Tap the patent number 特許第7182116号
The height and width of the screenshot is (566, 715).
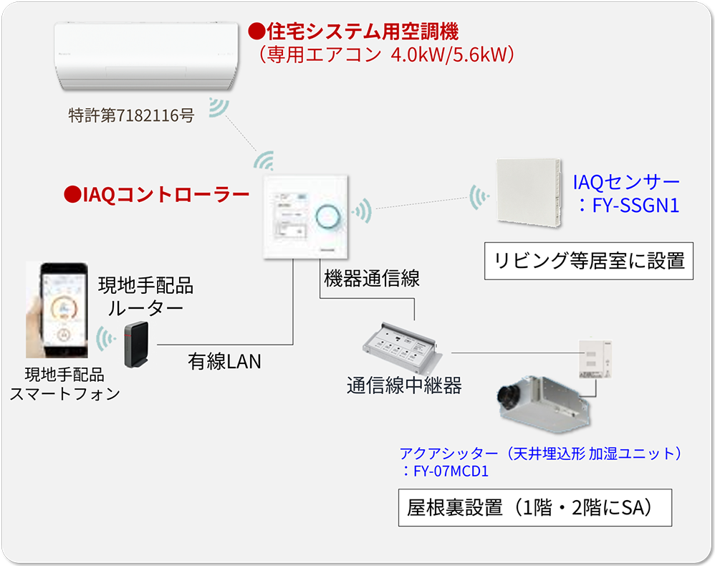coord(131,115)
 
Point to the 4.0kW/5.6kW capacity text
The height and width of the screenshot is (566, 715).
coord(452,54)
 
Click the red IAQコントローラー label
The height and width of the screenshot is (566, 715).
coord(157,194)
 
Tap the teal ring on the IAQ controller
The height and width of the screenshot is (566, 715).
coord(328,214)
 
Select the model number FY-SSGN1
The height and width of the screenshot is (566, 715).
coord(634,206)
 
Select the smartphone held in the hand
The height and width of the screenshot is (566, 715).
coord(62,308)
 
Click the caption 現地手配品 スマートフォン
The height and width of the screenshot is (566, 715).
coord(64,384)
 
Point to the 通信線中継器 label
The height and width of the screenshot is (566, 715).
coord(404,386)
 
